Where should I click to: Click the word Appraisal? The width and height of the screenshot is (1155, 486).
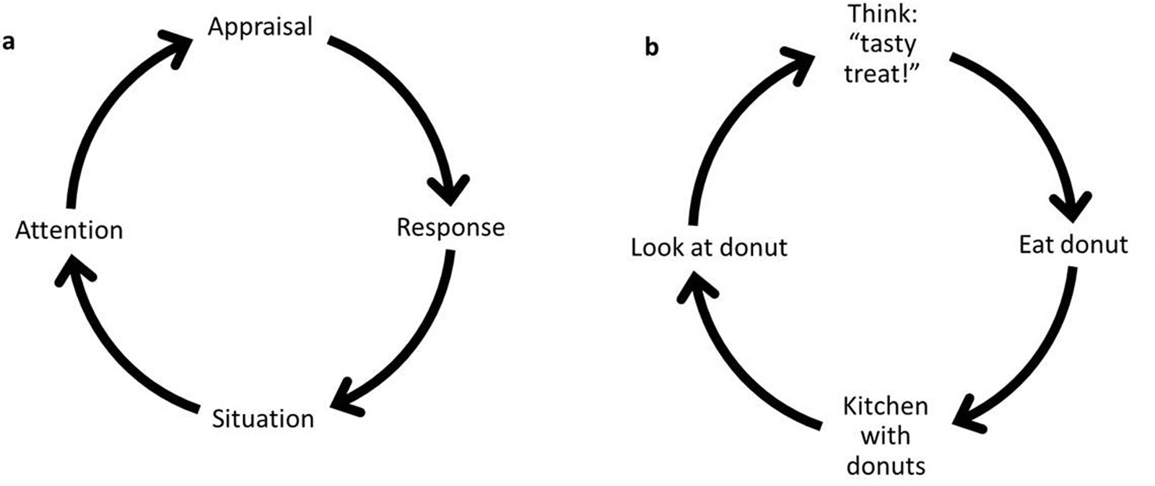[x=260, y=27]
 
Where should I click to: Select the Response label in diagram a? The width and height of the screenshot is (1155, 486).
[x=450, y=227]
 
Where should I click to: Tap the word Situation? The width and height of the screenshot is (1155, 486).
[x=263, y=419]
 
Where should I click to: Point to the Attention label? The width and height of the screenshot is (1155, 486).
[x=69, y=230]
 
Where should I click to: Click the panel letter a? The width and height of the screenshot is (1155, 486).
[x=9, y=42]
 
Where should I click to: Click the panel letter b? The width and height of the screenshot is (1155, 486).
[x=651, y=48]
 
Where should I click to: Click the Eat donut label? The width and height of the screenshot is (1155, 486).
[x=1073, y=245]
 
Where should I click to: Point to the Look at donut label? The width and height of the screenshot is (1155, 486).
[x=709, y=248]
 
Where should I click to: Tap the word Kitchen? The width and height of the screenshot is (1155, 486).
[x=885, y=407]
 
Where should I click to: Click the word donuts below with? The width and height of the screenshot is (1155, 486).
[x=885, y=466]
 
